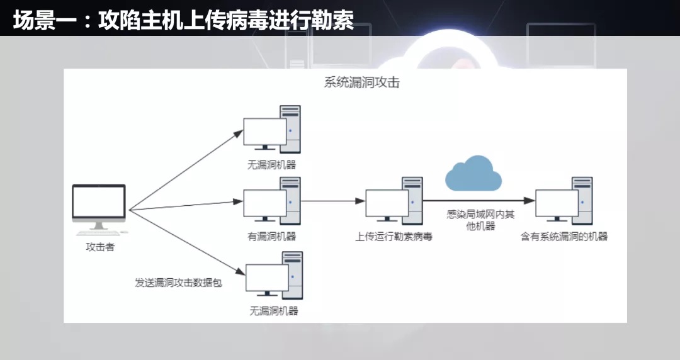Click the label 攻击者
point(100,247)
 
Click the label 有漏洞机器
point(272,237)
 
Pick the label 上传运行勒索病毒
point(394,237)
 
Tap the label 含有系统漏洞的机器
point(564,237)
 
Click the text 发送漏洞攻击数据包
point(178,283)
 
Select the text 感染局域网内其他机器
point(480,220)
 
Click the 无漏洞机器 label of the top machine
point(272,165)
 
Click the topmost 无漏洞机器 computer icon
point(273,129)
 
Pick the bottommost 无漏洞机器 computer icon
point(275,276)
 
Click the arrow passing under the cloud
point(479,201)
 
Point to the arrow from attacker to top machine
point(186,170)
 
